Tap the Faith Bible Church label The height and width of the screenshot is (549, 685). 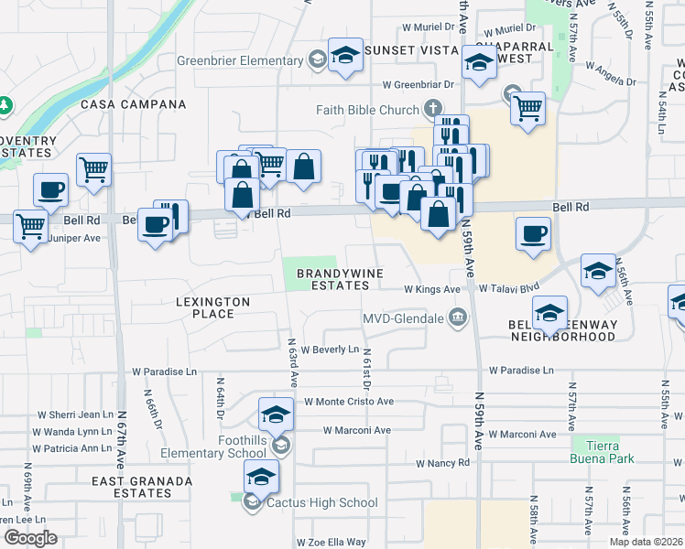tap(367, 110)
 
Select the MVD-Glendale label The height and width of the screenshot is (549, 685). tap(404, 318)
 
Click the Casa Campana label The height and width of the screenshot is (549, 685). tap(134, 104)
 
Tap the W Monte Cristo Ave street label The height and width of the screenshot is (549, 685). tap(348, 402)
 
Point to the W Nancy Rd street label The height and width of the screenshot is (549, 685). tap(442, 463)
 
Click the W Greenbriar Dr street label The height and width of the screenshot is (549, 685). tap(419, 84)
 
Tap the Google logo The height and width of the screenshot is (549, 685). tap(29, 538)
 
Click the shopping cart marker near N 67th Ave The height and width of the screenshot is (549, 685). tap(93, 168)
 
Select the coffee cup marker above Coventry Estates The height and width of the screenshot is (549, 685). tap(51, 189)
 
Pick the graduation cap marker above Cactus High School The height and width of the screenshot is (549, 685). tap(261, 476)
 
